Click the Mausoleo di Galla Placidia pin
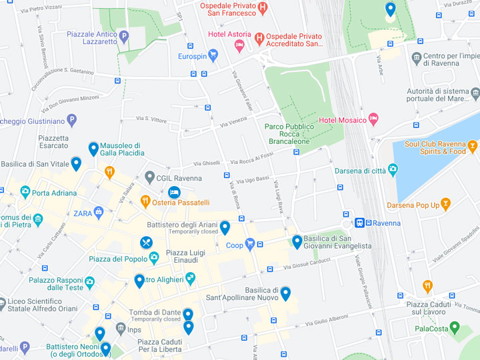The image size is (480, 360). coord(94,149)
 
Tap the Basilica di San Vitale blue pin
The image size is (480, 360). coord(76,163)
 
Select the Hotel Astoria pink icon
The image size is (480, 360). coord(239,45)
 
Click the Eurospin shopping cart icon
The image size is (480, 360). coord(213,55)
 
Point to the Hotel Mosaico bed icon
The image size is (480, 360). coord(374,119)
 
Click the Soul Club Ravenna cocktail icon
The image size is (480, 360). coord(472,146)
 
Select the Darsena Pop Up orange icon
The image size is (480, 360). coord(445,205)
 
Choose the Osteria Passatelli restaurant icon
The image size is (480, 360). coord(145,201)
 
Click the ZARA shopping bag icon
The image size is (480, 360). coord(99,213)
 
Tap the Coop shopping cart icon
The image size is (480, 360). coord(250,244)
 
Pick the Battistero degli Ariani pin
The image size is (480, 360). coord(225,227)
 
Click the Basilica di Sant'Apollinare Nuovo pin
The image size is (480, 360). coord(285,293)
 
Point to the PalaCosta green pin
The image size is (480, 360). coord(455,327)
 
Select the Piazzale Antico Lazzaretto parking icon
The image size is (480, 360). coord(123,36)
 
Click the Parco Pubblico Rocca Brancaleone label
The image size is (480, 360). coord(289,133)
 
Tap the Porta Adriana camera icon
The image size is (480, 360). coord(25,193)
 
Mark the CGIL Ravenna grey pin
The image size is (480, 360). coord(150,177)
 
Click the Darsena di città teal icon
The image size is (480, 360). coord(393,170)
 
